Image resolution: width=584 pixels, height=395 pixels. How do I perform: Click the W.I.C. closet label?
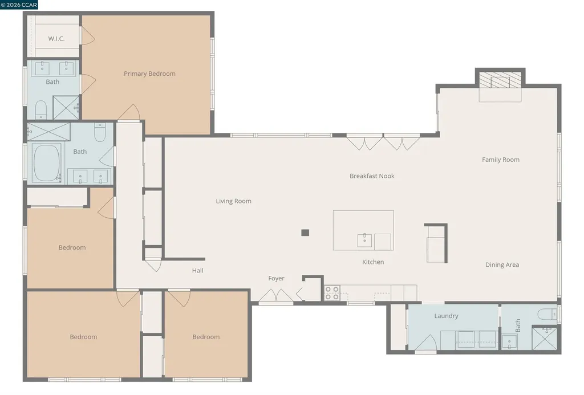(55, 39)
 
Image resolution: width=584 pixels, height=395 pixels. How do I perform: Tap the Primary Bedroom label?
(149, 74)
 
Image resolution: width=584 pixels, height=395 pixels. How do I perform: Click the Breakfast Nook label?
(372, 176)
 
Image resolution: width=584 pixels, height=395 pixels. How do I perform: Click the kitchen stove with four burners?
(332, 293)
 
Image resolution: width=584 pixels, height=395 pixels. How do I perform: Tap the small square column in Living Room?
(305, 233)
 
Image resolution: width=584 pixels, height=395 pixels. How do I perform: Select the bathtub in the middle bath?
(47, 162)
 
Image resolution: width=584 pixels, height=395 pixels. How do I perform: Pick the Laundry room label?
(446, 316)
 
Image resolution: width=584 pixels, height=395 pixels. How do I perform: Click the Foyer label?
(277, 278)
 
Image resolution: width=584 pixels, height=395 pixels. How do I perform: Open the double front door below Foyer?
(276, 296)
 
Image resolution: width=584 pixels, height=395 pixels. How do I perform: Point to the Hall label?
(197, 271)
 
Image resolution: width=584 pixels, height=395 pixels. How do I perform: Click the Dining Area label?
(502, 264)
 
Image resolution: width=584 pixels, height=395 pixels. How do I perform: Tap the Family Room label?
(501, 160)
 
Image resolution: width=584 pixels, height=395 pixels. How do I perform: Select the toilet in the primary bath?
(40, 108)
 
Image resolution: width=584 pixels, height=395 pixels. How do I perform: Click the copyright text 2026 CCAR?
(19, 5)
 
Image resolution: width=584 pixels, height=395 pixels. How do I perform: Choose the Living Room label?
(233, 201)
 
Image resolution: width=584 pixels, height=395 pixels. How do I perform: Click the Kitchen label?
(373, 262)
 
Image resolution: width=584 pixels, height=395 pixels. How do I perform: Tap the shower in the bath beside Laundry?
(544, 337)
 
